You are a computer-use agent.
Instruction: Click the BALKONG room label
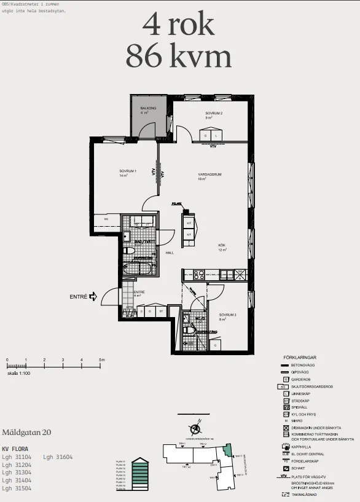click(x=148, y=108)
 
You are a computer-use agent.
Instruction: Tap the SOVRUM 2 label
click(x=214, y=114)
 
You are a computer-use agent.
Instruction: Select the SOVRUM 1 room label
click(x=128, y=171)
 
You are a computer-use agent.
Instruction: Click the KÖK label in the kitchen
click(x=222, y=245)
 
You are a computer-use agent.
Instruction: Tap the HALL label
click(x=153, y=253)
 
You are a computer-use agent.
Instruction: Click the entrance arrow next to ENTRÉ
click(x=93, y=297)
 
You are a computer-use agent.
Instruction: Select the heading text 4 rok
click(x=178, y=25)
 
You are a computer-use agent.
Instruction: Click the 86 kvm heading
click(x=178, y=57)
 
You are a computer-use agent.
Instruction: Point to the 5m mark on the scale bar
click(x=101, y=360)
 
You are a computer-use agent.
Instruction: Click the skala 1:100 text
click(x=18, y=373)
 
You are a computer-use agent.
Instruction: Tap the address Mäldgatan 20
click(x=27, y=433)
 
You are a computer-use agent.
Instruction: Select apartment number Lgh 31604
click(x=58, y=457)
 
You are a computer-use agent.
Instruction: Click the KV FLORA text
click(x=15, y=449)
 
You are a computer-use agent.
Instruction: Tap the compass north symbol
click(x=195, y=429)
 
